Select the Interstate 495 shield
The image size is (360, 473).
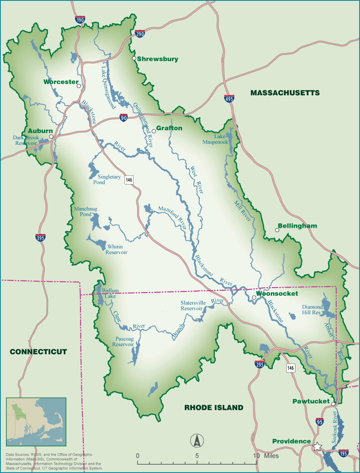click(x=229, y=98)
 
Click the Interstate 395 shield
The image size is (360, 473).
click(x=40, y=237)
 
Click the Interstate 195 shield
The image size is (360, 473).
click(x=344, y=453)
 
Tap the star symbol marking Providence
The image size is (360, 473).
click(x=317, y=447)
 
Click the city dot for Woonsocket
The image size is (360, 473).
click(x=254, y=297)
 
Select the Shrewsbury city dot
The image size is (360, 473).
click(x=134, y=58)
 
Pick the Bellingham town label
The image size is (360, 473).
click(x=297, y=226)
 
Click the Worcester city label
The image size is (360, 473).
click(x=61, y=82)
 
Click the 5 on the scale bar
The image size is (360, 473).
click(x=197, y=456)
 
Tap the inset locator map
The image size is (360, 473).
click(x=36, y=422)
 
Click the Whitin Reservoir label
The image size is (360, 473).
click(x=116, y=249)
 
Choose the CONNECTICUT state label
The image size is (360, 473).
click(x=38, y=352)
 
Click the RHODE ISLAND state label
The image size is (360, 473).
click(x=214, y=408)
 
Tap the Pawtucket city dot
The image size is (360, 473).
click(x=333, y=404)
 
